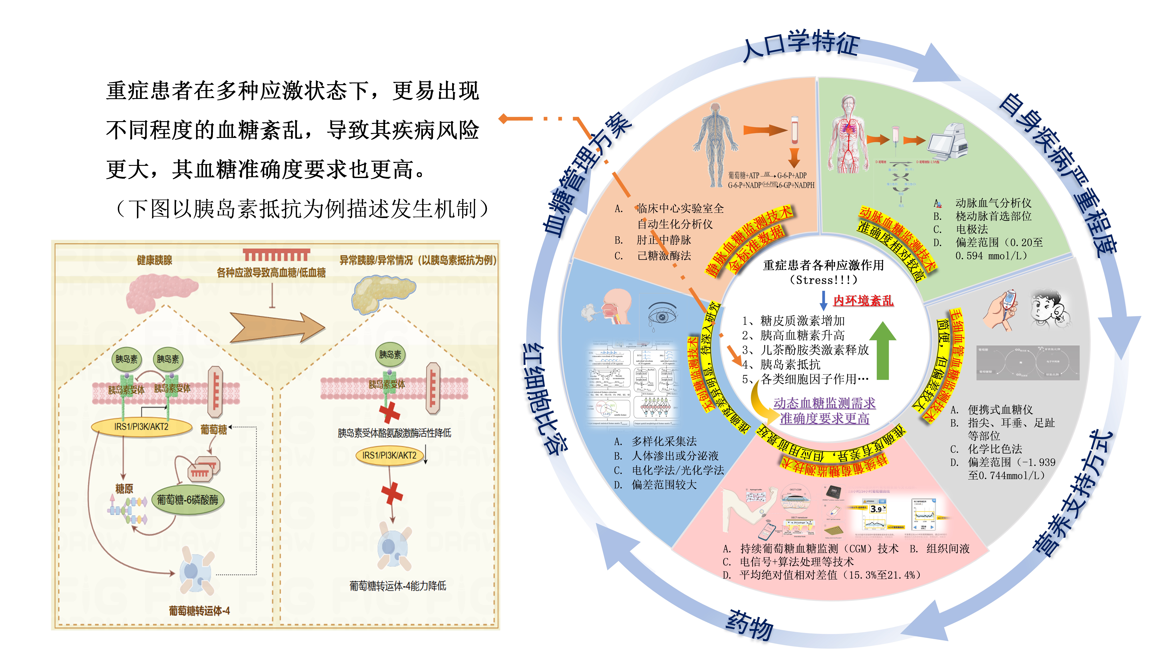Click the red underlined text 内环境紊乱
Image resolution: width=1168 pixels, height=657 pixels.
click(863, 301)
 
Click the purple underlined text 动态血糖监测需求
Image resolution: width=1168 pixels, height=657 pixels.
click(824, 403)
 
